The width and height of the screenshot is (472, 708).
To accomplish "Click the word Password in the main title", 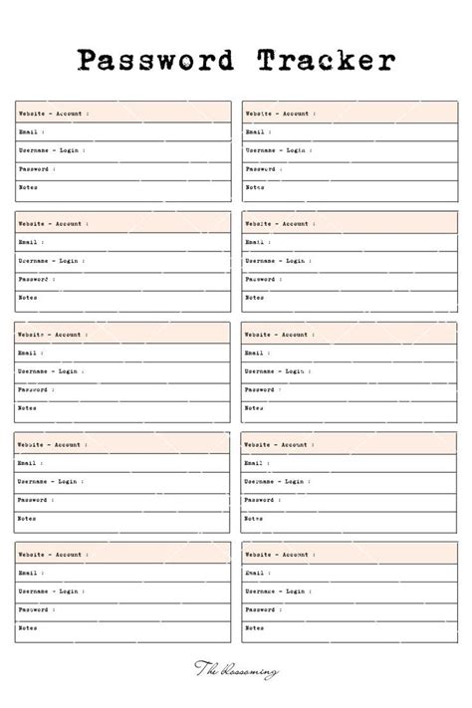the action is tap(154, 61).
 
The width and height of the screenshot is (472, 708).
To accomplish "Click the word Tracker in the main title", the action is tap(324, 61).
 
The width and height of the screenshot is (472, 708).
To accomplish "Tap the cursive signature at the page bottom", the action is tap(236, 674).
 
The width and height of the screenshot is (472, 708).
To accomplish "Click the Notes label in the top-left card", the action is tap(28, 187).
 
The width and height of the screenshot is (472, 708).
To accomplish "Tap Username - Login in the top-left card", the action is tap(49, 150).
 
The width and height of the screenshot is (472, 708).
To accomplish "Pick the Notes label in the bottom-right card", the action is tap(255, 628).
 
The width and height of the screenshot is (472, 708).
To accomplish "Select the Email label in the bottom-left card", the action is tap(27, 573).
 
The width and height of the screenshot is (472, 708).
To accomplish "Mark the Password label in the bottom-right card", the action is tap(260, 609).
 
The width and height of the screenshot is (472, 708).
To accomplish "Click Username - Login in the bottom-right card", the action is tap(276, 591).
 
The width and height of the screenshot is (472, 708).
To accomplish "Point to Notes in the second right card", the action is tap(255, 298).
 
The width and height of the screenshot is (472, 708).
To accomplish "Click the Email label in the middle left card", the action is tap(27, 353).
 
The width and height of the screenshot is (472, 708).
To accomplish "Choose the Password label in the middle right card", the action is tap(260, 389).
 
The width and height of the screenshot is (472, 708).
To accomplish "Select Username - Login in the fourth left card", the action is tap(49, 481).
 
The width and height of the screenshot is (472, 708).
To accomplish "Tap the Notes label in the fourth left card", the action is tap(28, 518).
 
